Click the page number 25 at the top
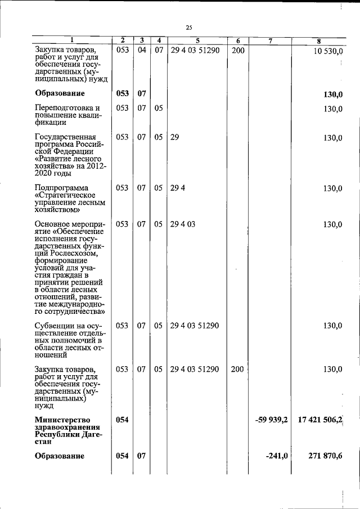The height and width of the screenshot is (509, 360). [189, 28]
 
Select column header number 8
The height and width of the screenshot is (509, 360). [319, 40]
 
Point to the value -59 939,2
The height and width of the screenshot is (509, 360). [271, 420]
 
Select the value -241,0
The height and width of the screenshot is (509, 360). [277, 456]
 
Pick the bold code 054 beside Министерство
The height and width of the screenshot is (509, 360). [123, 420]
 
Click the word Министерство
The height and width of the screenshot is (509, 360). [62, 420]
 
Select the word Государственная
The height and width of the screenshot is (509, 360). [65, 137]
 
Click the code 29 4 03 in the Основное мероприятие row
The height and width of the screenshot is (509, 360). [183, 224]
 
